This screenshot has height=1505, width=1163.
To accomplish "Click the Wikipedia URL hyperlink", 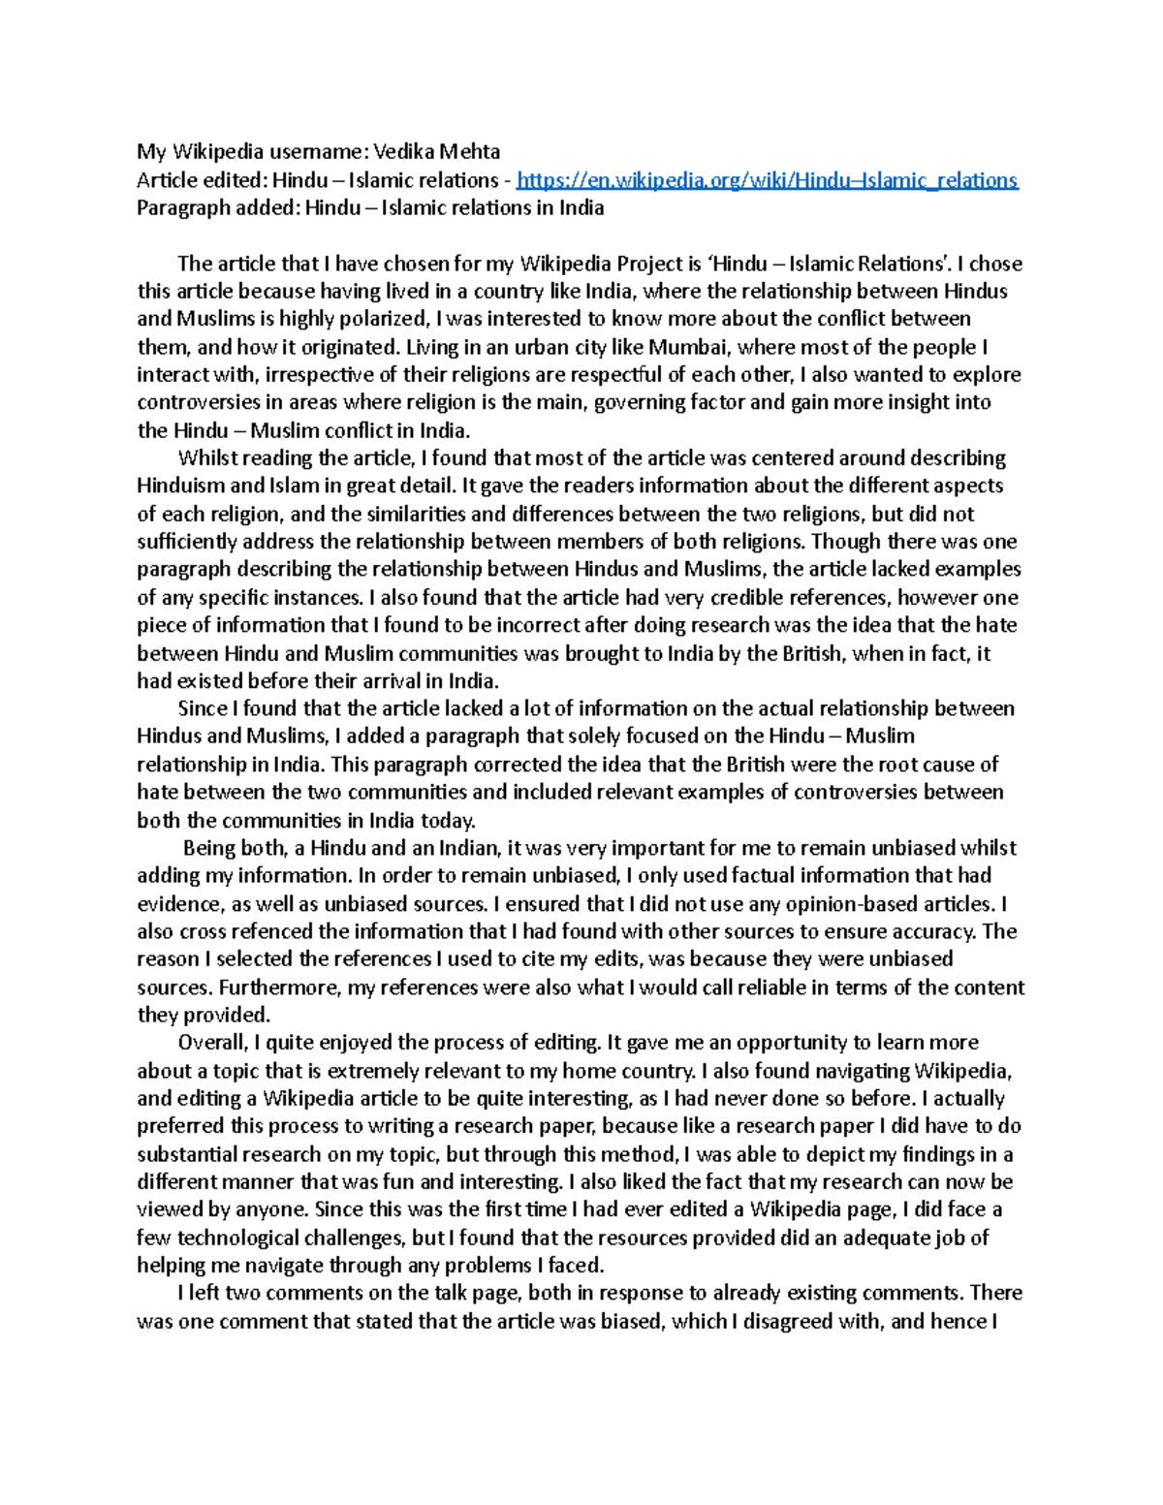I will pyautogui.click(x=767, y=180).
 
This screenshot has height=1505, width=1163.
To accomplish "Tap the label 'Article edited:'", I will pyautogui.click(x=202, y=180).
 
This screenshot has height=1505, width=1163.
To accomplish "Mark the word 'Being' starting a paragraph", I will pyautogui.click(x=208, y=849).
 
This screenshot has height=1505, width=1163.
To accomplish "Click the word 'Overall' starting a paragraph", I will pyautogui.click(x=211, y=1044).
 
